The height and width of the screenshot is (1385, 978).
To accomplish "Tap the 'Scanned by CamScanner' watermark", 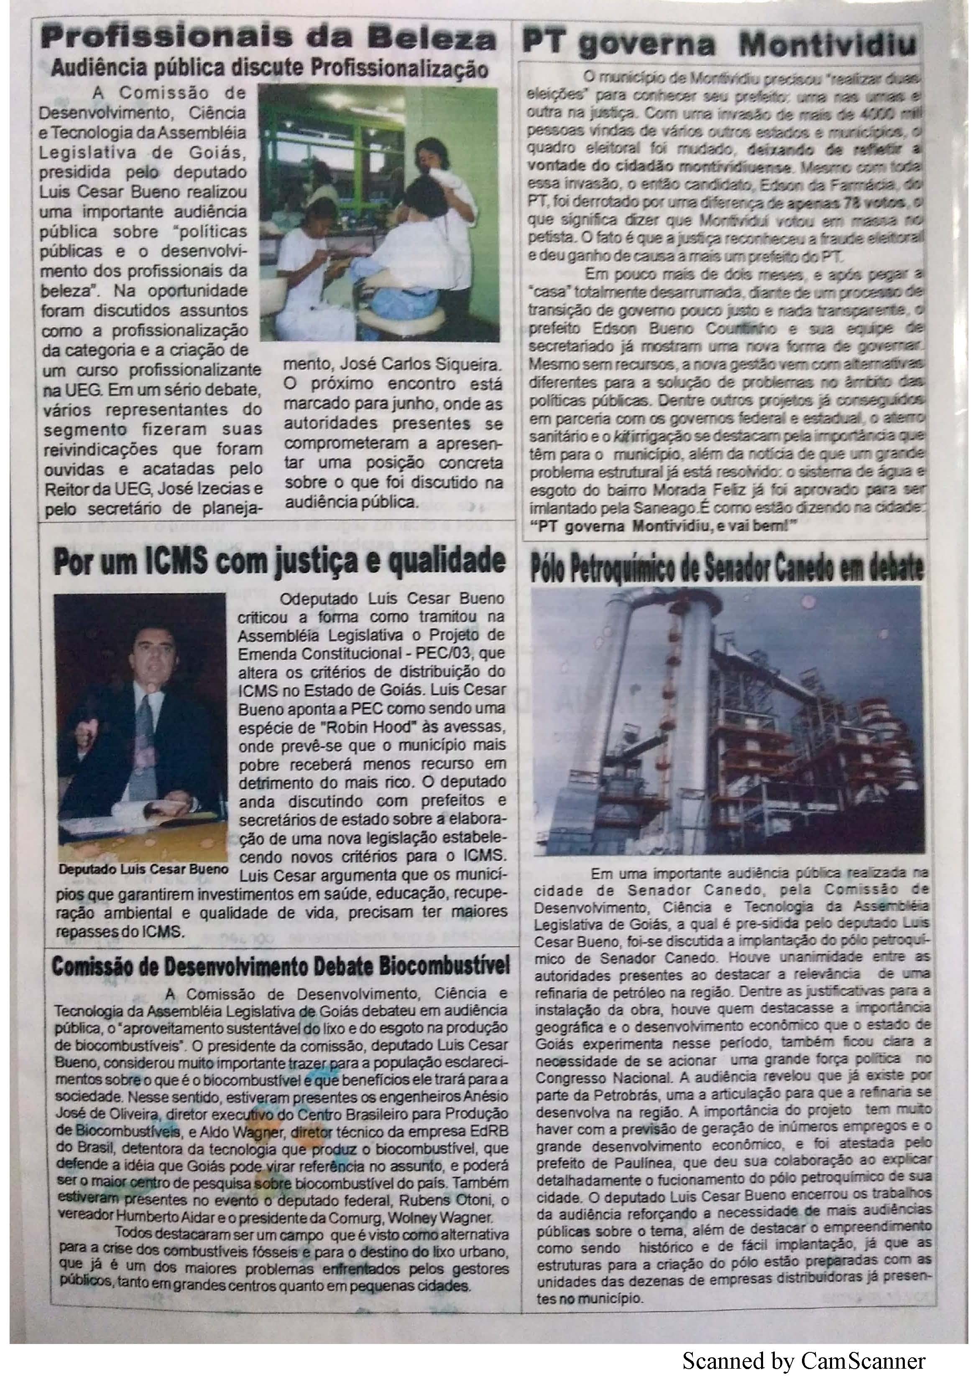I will point(803,1362).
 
